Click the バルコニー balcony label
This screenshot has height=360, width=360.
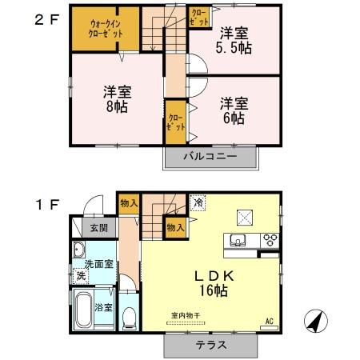(214, 158)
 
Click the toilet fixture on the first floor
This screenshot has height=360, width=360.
(129, 318)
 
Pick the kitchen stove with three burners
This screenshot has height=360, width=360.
(270, 238)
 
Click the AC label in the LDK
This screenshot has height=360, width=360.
(269, 322)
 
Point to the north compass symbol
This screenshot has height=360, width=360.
(318, 321)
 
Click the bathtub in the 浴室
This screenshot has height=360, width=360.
(83, 311)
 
